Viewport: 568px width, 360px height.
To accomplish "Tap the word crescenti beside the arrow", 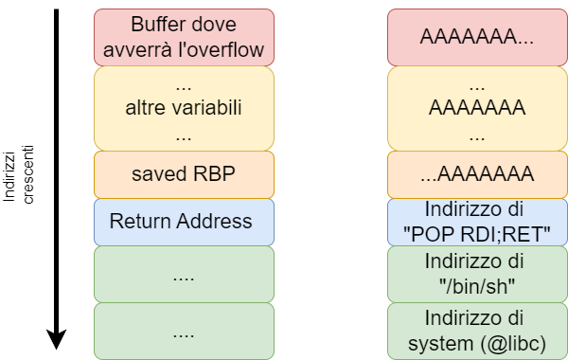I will [x=28, y=173].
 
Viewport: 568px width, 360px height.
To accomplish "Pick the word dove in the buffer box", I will [x=213, y=24].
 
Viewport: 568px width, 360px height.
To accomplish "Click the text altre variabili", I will [x=184, y=108].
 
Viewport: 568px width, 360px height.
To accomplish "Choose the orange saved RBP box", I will [x=184, y=174].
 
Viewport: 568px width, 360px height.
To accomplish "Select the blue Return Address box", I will [x=184, y=222].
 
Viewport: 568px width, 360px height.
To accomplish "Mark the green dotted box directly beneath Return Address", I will [x=184, y=274].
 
